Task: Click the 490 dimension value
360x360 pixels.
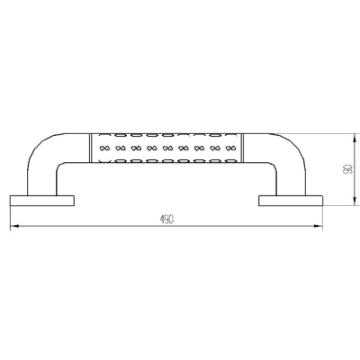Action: point(166,220)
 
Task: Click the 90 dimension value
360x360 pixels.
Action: point(347,169)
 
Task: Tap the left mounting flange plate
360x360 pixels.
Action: point(42,201)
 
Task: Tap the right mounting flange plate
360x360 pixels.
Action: point(291,201)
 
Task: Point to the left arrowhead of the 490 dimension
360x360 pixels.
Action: point(14,227)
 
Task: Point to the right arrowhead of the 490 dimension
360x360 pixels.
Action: point(319,227)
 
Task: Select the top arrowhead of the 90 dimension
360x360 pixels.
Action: point(355,138)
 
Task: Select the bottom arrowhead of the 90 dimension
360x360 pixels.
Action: point(355,202)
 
